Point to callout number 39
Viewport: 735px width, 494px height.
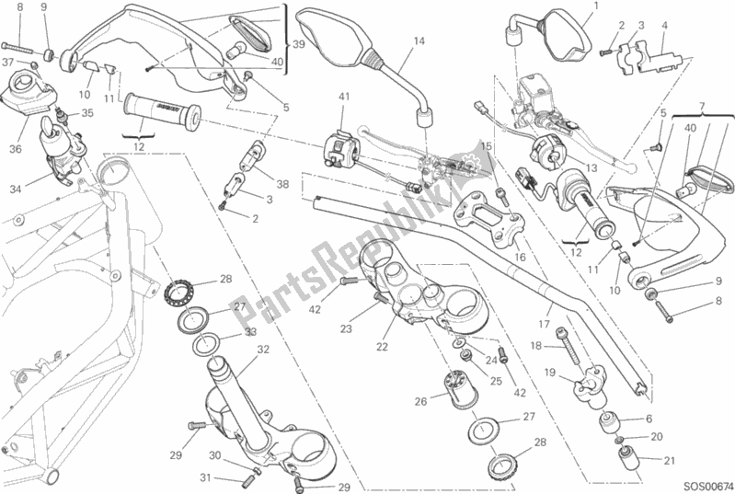click(x=298, y=44)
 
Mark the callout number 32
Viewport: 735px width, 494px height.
click(x=263, y=350)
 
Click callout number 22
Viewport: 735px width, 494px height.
click(x=383, y=346)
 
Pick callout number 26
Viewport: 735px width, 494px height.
click(x=420, y=400)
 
